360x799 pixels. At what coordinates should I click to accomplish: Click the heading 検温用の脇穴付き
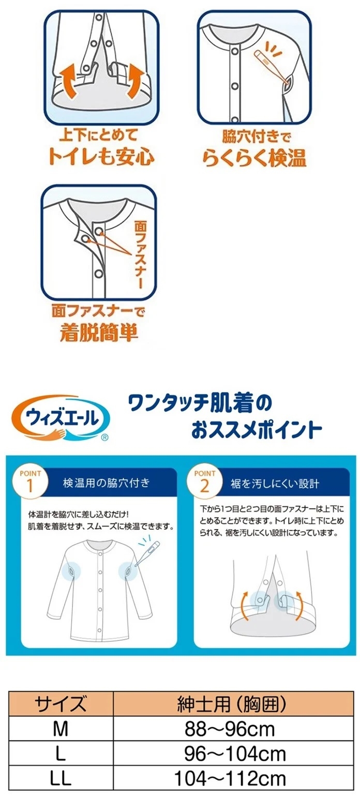[107, 484]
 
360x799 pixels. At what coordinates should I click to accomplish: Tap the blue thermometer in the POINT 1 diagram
[147, 553]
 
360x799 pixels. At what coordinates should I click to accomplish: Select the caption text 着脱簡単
[99, 332]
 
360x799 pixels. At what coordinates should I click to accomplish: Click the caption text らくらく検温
[254, 158]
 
